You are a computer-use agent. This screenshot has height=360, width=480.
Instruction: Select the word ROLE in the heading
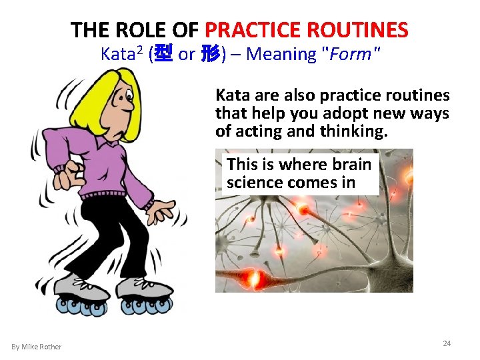click(141, 30)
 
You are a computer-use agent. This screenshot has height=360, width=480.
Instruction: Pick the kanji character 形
click(210, 54)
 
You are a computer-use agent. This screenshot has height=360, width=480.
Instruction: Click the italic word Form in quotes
click(350, 54)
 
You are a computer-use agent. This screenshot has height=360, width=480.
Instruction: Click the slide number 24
click(447, 343)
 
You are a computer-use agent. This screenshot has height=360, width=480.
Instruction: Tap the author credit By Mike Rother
click(36, 347)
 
